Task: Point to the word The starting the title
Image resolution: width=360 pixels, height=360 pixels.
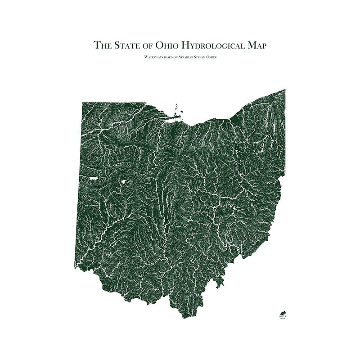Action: click(103, 45)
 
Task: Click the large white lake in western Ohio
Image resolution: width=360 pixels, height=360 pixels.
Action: click(94, 179)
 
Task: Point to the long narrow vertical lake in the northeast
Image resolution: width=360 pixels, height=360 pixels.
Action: click(259, 144)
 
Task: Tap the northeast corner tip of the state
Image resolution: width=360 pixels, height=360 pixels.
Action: click(284, 90)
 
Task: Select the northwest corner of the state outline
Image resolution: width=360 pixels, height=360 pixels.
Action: click(82, 103)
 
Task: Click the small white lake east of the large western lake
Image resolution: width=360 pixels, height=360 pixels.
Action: click(121, 183)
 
